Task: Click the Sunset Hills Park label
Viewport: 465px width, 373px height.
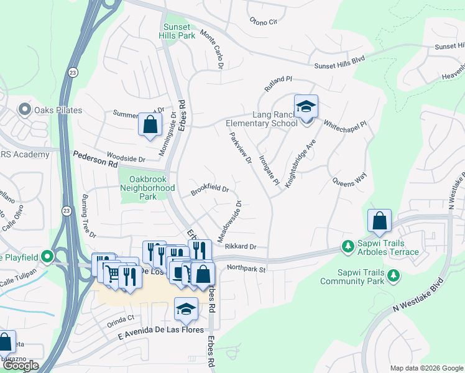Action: [x=178, y=31]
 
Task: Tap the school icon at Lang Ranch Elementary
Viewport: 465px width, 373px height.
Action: [x=305, y=108]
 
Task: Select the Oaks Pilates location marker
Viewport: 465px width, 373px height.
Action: [x=25, y=110]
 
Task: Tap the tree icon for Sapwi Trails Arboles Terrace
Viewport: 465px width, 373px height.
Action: [x=348, y=247]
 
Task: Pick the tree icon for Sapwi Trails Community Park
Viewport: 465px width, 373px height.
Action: [x=392, y=275]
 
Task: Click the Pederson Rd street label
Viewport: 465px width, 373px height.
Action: [x=95, y=161]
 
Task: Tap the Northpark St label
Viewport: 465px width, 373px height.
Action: [x=246, y=269]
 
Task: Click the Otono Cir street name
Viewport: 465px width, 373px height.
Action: [x=263, y=22]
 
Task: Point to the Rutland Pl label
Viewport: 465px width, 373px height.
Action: [x=278, y=83]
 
